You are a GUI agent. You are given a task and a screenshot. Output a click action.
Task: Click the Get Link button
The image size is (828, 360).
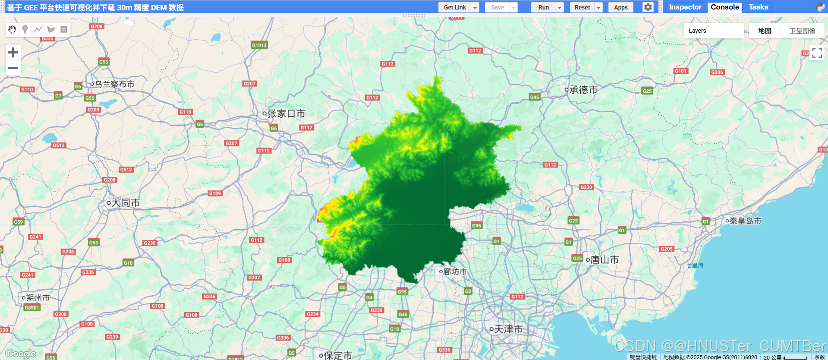click(455, 7)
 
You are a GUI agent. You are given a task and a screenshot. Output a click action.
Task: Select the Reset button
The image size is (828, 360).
click(582, 7)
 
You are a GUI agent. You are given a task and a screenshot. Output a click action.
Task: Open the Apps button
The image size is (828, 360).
click(620, 7)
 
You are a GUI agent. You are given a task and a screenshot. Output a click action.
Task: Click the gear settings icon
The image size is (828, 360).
click(648, 7)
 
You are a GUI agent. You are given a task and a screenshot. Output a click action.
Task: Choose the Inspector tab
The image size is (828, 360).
click(685, 7)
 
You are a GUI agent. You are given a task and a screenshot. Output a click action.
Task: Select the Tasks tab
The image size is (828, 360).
click(758, 7)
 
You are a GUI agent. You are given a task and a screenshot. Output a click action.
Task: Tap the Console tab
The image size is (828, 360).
click(724, 7)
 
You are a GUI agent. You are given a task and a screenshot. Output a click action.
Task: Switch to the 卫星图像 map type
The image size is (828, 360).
click(802, 31)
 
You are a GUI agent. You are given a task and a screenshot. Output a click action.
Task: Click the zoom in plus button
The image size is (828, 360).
click(13, 53)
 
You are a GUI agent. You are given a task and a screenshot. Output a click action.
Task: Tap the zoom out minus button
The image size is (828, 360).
click(13, 68)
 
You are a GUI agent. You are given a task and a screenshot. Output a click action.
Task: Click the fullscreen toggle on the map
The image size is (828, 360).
click(817, 53)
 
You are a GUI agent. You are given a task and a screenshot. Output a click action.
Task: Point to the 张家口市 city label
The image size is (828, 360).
click(286, 114)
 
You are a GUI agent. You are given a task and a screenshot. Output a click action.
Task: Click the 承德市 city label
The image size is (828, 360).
click(583, 90)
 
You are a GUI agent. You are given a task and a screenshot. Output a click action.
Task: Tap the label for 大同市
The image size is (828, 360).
click(125, 203)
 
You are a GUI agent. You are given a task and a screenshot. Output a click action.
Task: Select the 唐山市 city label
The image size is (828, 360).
click(604, 260)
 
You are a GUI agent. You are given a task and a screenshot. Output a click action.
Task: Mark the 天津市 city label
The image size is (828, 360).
click(508, 329)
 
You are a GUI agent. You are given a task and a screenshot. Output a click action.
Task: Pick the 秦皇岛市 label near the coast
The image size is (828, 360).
click(745, 221)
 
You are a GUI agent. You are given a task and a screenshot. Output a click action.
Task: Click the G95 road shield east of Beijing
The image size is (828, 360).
click(476, 225)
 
